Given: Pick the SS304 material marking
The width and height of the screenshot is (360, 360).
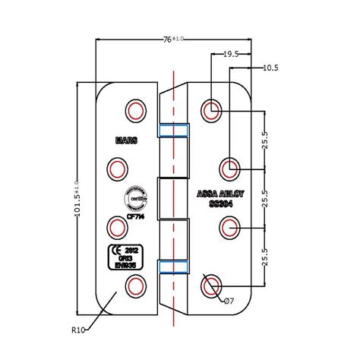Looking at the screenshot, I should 215,204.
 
